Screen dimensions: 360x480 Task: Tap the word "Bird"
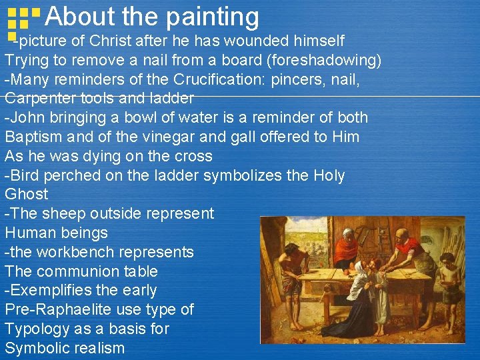[x=25, y=176]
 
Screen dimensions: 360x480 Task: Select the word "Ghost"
[x=27, y=195]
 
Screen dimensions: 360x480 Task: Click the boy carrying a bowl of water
[x=450, y=280]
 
